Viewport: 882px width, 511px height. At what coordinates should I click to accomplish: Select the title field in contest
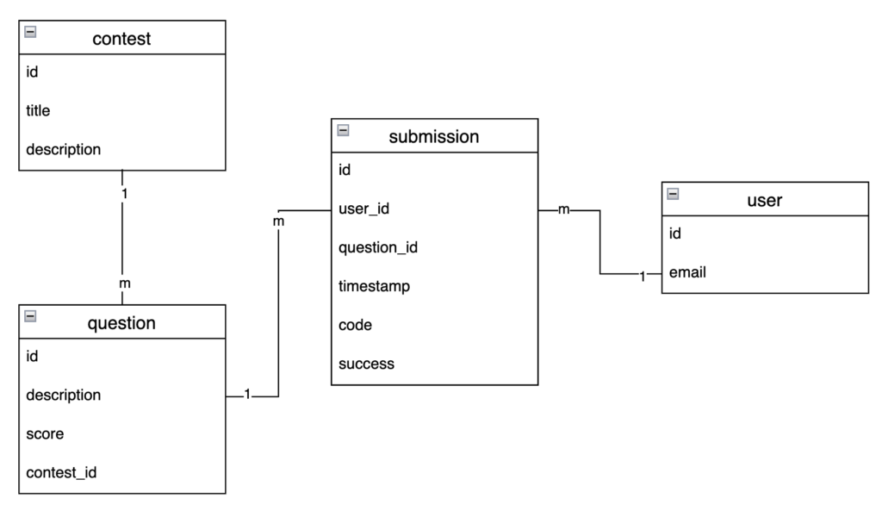pos(38,110)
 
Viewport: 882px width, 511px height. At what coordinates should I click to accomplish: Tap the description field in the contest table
pos(63,149)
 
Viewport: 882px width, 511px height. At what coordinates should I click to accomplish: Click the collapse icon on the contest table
pos(30,32)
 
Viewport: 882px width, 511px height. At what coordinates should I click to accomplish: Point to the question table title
pos(121,323)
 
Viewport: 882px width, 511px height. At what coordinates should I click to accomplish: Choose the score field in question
pos(45,433)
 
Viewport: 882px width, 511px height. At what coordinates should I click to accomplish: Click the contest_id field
pos(60,472)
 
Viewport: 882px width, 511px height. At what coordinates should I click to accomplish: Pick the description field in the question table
pos(63,395)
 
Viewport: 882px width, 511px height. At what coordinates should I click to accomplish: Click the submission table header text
pos(433,136)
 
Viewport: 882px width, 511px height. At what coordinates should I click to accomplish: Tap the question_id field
pos(378,247)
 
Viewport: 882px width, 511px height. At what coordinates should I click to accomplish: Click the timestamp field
pos(374,286)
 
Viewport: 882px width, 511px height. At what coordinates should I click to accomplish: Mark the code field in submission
pos(355,325)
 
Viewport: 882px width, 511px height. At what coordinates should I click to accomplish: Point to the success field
pos(366,364)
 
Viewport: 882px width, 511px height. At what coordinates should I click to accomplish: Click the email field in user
pos(687,272)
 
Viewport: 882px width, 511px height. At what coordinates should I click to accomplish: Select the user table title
pos(764,200)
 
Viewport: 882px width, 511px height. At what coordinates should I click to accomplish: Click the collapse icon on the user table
pos(673,194)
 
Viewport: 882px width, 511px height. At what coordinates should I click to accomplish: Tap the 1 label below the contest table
pos(125,194)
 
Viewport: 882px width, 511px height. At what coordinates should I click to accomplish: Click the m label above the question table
pos(124,283)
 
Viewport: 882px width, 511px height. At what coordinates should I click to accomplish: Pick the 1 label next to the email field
pos(643,276)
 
